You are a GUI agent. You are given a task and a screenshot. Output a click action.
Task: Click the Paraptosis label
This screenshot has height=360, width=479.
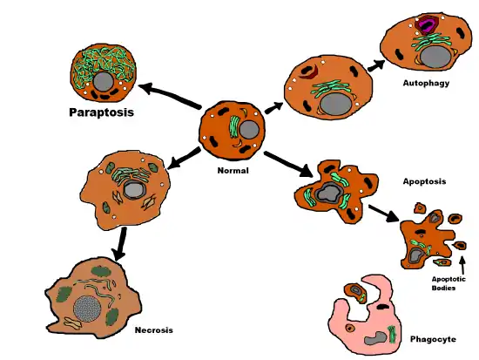[105, 113]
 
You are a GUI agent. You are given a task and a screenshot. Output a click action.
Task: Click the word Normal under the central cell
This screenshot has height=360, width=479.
[233, 171]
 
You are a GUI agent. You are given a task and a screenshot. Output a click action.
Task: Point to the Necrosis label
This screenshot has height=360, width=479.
[154, 330]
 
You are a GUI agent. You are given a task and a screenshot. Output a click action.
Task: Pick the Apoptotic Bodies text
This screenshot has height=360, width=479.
[450, 283]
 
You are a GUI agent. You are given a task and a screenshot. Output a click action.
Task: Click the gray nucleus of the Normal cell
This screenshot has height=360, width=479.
[248, 132]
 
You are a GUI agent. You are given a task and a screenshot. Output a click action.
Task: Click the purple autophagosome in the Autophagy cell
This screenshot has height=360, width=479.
[428, 25]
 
